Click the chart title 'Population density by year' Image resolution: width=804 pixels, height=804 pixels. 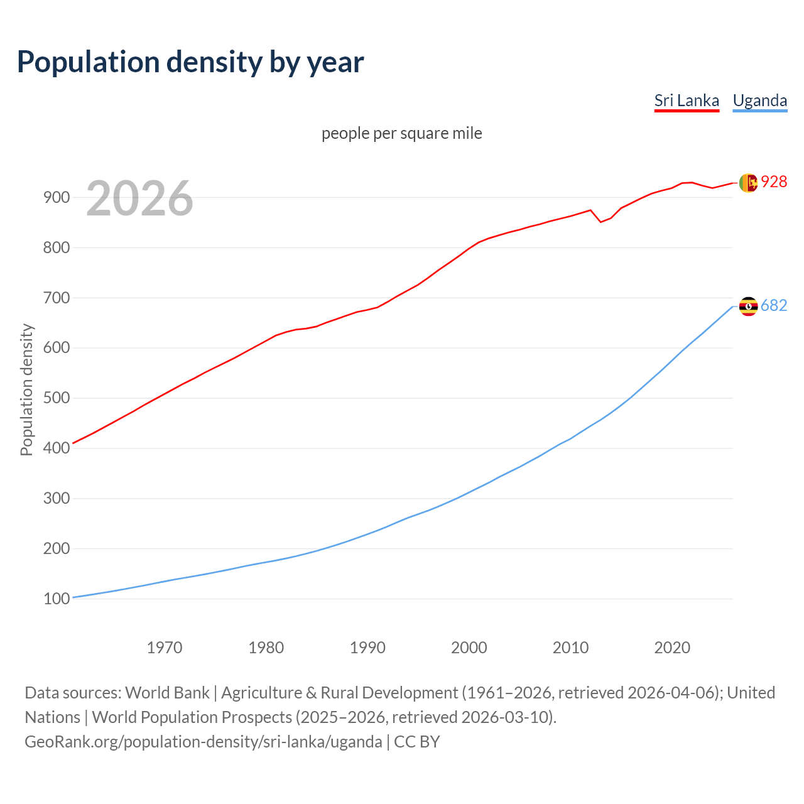click(x=190, y=62)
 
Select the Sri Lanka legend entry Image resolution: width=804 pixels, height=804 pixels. click(x=686, y=100)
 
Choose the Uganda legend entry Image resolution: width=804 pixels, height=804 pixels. click(x=759, y=100)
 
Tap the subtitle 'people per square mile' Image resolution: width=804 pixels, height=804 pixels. click(x=401, y=133)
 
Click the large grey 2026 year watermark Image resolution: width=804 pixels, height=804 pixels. click(x=139, y=198)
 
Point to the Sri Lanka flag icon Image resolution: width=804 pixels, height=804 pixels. click(x=747, y=183)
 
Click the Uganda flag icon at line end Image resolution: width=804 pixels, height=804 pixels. click(x=748, y=307)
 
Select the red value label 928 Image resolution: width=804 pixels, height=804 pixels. click(x=774, y=182)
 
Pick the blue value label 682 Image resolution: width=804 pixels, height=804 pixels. click(x=774, y=305)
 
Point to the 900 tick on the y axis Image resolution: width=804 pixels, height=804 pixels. click(x=56, y=197)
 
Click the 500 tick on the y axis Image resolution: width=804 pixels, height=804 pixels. click(x=56, y=398)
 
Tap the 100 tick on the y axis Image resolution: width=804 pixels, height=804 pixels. click(x=56, y=599)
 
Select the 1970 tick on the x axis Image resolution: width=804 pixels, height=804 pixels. click(x=165, y=647)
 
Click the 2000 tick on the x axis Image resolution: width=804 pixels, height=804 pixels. click(x=469, y=647)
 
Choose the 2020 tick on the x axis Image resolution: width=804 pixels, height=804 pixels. click(x=672, y=647)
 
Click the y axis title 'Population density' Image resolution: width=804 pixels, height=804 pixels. click(x=26, y=389)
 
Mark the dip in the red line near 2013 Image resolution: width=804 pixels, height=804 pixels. click(x=600, y=222)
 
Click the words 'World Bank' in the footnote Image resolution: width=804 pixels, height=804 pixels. click(x=167, y=692)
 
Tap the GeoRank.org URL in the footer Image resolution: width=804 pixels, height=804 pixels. click(x=203, y=741)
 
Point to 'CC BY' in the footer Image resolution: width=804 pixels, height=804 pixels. click(x=416, y=741)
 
